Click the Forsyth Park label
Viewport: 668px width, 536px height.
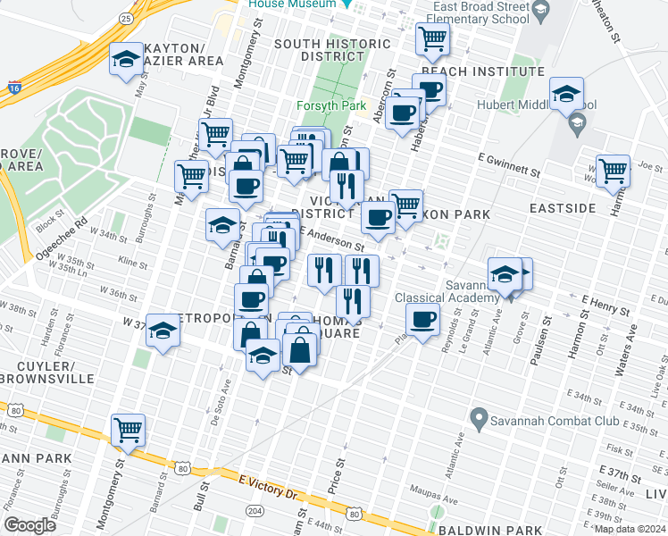331,105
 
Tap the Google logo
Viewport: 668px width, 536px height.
30,525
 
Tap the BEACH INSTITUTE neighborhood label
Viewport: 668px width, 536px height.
481,71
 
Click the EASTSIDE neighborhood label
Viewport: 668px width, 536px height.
562,208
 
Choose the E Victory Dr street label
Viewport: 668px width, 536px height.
268,487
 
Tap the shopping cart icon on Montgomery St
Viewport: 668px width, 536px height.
128,430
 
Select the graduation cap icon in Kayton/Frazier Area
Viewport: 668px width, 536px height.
126,60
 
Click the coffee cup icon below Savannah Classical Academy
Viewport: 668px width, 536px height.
422,318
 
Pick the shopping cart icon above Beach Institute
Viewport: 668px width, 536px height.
432,38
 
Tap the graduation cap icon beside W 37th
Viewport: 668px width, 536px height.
163,331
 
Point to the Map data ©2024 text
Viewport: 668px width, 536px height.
630,528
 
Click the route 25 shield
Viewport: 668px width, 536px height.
126,17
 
